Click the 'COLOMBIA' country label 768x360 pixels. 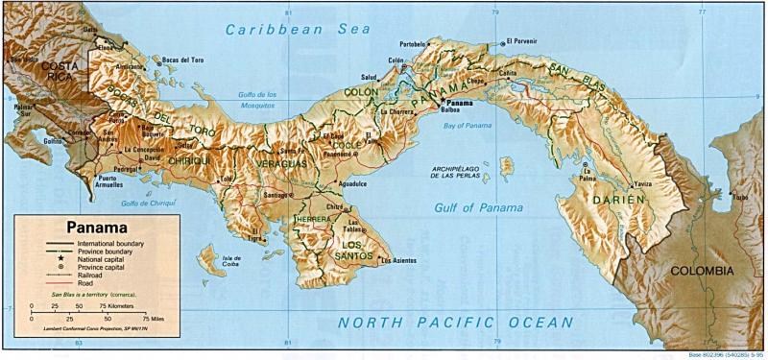click(708, 272)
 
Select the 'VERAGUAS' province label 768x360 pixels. click(280, 165)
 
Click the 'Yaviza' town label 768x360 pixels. click(642, 182)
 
